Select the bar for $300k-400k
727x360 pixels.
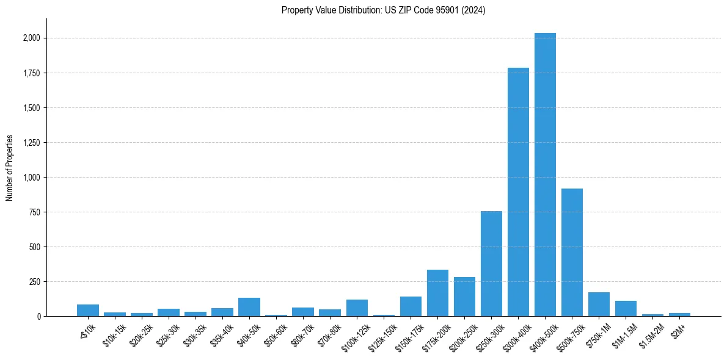tap(518, 192)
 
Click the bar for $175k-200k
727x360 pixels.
tap(437, 293)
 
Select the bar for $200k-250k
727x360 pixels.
tap(464, 297)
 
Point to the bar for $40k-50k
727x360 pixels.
tap(249, 307)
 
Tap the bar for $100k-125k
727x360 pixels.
tap(357, 308)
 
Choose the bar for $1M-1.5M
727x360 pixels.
tap(626, 309)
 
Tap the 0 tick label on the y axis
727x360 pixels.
tap(39, 317)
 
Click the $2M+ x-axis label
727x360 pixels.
tap(678, 329)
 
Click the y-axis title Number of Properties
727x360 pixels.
tap(10, 168)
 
